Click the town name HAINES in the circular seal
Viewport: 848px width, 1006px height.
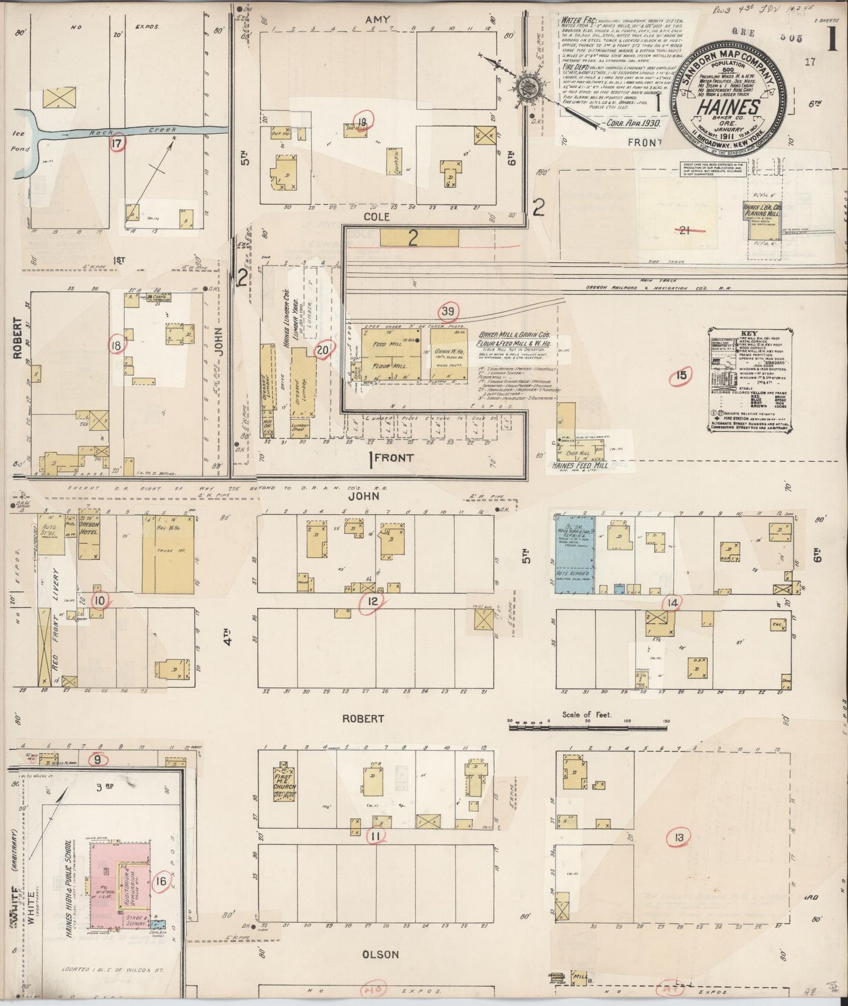pos(728,107)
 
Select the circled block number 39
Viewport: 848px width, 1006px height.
pos(448,311)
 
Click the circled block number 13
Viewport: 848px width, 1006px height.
pos(679,838)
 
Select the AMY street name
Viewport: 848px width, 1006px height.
pos(377,20)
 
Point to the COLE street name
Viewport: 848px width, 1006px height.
pos(377,217)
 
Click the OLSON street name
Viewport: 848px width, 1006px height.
pos(381,955)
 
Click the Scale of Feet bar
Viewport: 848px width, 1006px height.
pos(587,727)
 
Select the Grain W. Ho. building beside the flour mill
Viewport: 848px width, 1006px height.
pos(449,353)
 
